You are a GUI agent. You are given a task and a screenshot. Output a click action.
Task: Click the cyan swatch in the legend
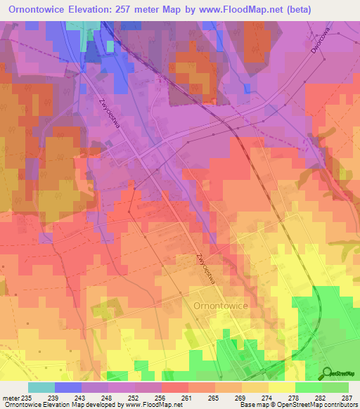pyautogui.click(x=41, y=387)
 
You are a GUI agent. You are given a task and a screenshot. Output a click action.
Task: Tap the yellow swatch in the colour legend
pyautogui.click(x=282, y=387)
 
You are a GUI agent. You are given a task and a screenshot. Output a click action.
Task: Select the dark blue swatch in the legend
pyautogui.click(x=68, y=387)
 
